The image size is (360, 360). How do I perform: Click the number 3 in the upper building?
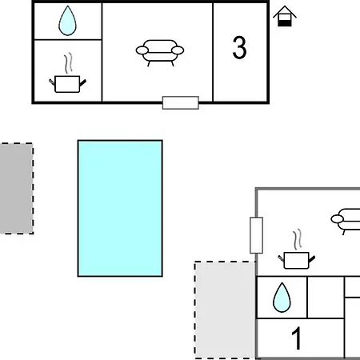pyautogui.click(x=239, y=47)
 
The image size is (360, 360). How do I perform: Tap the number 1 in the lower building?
pyautogui.click(x=297, y=338)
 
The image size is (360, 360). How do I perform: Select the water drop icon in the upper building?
pyautogui.click(x=67, y=21)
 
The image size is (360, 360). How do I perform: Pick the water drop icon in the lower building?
pyautogui.click(x=282, y=298)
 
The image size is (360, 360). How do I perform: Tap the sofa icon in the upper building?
pyautogui.click(x=160, y=53)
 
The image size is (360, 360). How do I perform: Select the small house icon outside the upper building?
pyautogui.click(x=285, y=16)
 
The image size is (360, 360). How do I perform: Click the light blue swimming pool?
pyautogui.click(x=120, y=208)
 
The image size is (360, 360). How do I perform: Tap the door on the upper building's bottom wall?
pyautogui.click(x=181, y=102)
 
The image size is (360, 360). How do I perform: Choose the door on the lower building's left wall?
pyautogui.click(x=256, y=235)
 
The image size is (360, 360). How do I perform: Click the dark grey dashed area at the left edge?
pyautogui.click(x=17, y=189)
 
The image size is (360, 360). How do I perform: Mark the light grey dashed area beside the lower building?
pyautogui.click(x=225, y=310)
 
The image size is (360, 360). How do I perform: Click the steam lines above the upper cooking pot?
pyautogui.click(x=68, y=63)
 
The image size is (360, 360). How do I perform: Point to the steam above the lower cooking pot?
pyautogui.click(x=298, y=239)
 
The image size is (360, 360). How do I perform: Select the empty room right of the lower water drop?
pyautogui.click(x=326, y=298)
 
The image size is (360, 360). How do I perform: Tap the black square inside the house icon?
pyautogui.click(x=285, y=23)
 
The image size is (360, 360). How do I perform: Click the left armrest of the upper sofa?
pyautogui.click(x=142, y=50)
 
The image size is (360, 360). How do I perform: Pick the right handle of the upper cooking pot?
pyautogui.click(x=82, y=82)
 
